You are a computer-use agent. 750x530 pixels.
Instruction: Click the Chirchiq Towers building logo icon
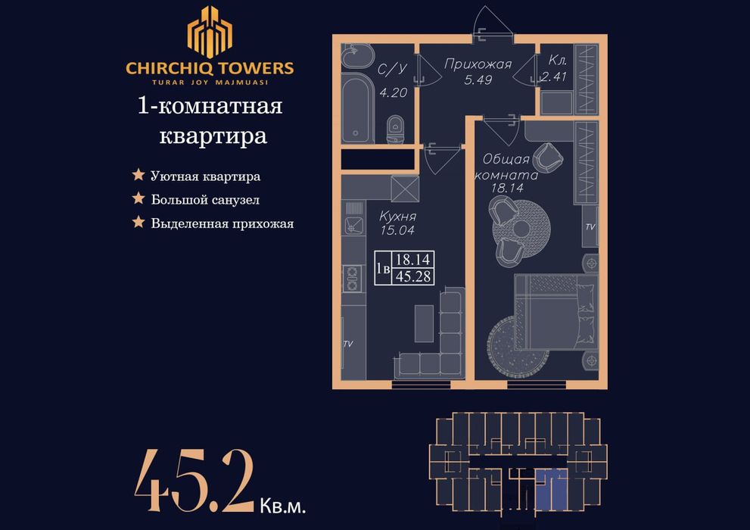pos(210,32)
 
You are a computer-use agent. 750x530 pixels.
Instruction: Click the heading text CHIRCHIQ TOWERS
pos(210,67)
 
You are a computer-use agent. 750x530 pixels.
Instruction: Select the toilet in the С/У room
pos(394,129)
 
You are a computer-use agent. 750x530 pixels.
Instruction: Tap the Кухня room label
pos(397,217)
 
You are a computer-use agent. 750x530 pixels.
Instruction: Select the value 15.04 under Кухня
pos(397,230)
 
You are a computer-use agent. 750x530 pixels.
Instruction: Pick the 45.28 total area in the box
pos(414,276)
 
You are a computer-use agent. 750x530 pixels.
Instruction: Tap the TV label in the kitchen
pos(348,344)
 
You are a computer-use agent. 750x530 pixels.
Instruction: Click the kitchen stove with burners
pos(353,278)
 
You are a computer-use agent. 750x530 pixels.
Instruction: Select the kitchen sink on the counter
pos(353,225)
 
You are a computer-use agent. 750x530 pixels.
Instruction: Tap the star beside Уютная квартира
pos(138,176)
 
